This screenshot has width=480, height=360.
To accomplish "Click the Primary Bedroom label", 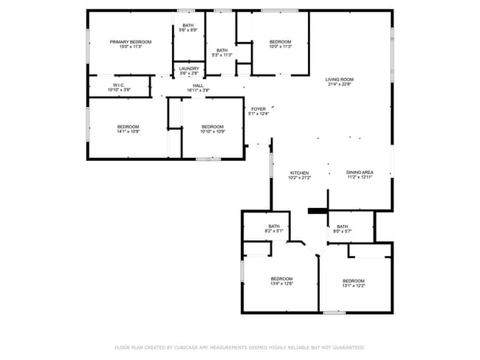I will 131,42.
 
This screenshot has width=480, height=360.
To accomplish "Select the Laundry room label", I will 188,69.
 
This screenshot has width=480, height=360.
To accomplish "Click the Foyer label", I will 258,109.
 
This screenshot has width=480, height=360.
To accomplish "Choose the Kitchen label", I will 299,173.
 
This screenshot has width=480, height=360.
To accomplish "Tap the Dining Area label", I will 360,173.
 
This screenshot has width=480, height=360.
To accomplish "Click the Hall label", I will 198,86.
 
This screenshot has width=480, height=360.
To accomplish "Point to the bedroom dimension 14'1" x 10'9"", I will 128,132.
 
